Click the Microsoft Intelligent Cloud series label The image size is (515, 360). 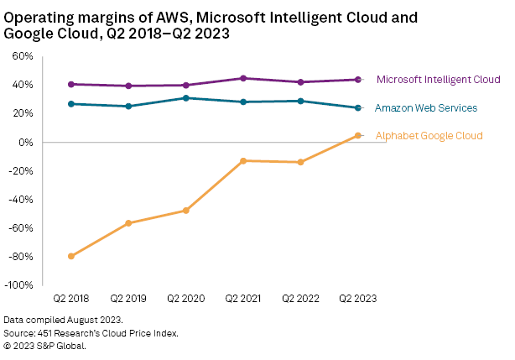coord(439,80)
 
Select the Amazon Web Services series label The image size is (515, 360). coord(425,108)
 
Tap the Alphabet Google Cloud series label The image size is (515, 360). coord(429,135)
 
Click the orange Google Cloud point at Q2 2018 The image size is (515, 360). coord(71,256)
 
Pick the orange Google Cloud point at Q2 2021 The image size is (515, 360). coord(243,160)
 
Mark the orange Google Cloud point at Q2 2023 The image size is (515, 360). coord(358,135)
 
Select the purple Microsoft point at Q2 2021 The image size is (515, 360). coord(243,78)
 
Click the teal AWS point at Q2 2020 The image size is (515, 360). coord(186,98)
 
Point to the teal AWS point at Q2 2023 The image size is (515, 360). coord(358,107)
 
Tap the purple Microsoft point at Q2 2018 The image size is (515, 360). coord(71,84)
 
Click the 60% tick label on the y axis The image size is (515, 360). coord(21,56)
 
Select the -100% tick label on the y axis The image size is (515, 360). coord(18,285)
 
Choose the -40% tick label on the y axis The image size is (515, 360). coord(20,200)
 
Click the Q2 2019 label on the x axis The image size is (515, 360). coord(128,299)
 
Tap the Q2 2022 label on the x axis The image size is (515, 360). coord(300,299)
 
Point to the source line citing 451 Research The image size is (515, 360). coord(91,333)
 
